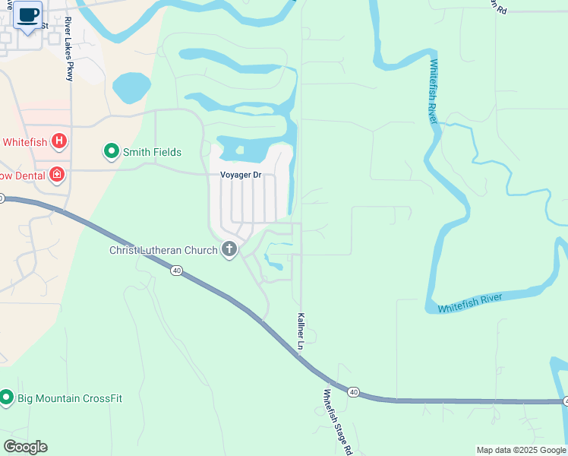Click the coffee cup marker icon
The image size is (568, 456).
[27, 15]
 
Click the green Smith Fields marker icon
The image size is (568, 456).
[112, 152]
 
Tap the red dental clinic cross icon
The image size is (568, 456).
[56, 176]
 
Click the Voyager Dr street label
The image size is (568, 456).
[241, 175]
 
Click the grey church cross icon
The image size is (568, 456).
[229, 249]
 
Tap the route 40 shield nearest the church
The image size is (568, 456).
[176, 270]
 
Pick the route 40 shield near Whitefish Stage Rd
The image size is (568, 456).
[354, 391]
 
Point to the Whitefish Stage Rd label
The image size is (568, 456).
[338, 422]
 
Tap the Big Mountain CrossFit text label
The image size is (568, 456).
[70, 398]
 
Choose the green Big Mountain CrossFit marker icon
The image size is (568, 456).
[7, 397]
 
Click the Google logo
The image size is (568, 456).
[25, 447]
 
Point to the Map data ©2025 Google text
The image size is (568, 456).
[520, 450]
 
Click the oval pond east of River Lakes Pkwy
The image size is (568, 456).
[132, 87]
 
